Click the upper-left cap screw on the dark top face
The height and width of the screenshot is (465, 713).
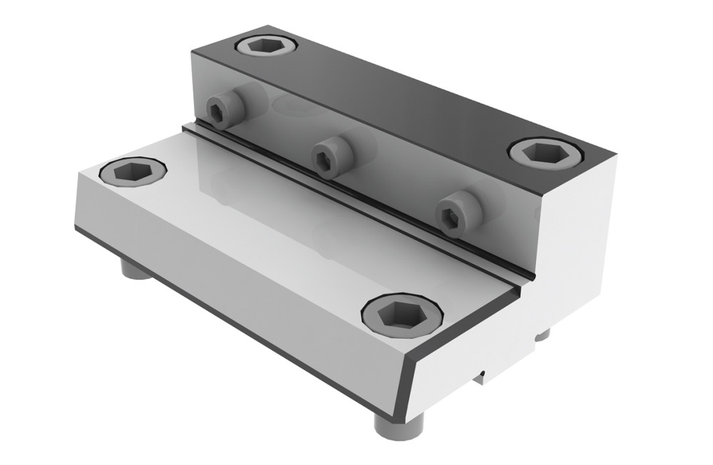(x=266, y=46)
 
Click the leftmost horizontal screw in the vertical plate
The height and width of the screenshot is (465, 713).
(x=225, y=108)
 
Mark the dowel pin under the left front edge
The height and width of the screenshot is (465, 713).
(x=133, y=270)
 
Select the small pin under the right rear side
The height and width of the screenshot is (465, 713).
(x=543, y=334)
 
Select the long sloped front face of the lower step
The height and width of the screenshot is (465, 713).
(x=235, y=285)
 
